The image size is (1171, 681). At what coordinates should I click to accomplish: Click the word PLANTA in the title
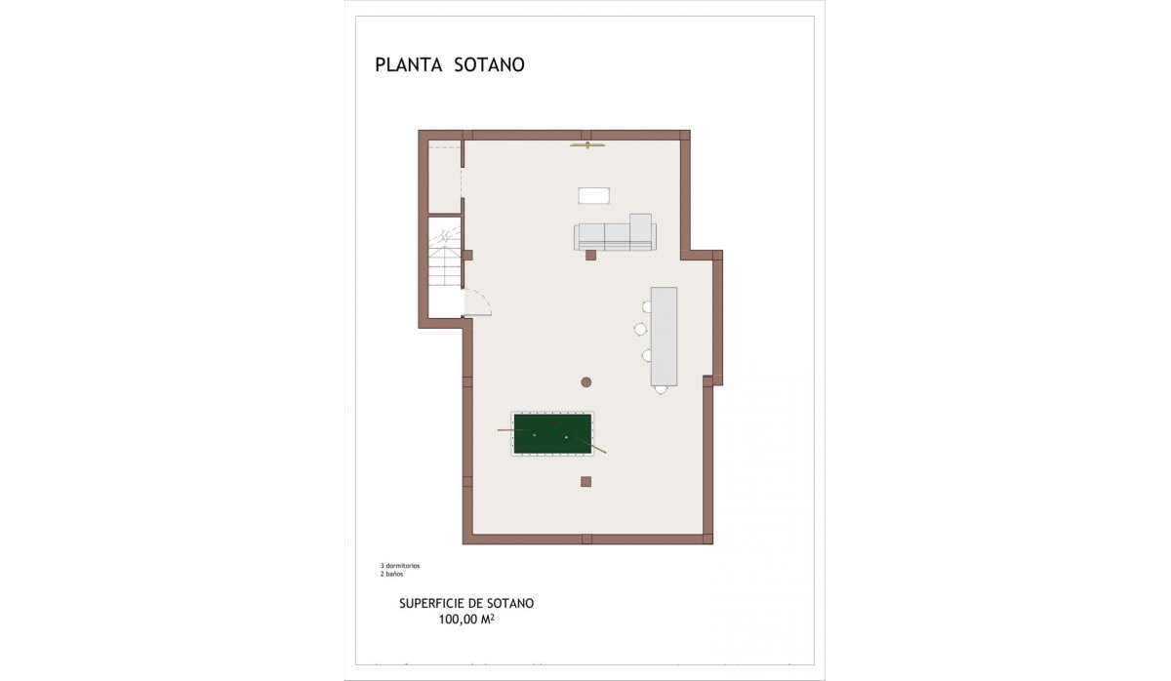pyautogui.click(x=407, y=65)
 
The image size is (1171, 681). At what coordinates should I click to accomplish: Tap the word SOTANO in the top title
pyautogui.click(x=490, y=65)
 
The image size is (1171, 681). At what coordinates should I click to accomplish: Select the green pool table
pyautogui.click(x=553, y=433)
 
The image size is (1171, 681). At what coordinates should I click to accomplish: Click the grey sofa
pyautogui.click(x=615, y=236)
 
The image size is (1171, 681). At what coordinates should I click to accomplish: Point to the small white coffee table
pyautogui.click(x=593, y=196)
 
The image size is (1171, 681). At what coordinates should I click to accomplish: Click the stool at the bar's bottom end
pyautogui.click(x=661, y=389)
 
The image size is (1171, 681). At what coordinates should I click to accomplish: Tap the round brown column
pyautogui.click(x=586, y=381)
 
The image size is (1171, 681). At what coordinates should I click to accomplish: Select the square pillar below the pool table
pyautogui.click(x=585, y=481)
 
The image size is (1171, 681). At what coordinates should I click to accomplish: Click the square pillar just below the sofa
pyautogui.click(x=590, y=256)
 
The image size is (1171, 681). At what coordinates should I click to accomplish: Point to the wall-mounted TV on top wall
pyautogui.click(x=587, y=146)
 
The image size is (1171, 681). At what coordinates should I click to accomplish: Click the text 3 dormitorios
pyautogui.click(x=400, y=566)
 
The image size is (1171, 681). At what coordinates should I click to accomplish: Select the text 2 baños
pyautogui.click(x=391, y=574)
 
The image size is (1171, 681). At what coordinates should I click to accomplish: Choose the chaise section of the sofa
pyautogui.click(x=640, y=226)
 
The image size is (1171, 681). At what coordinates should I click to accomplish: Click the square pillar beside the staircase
pyautogui.click(x=467, y=256)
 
